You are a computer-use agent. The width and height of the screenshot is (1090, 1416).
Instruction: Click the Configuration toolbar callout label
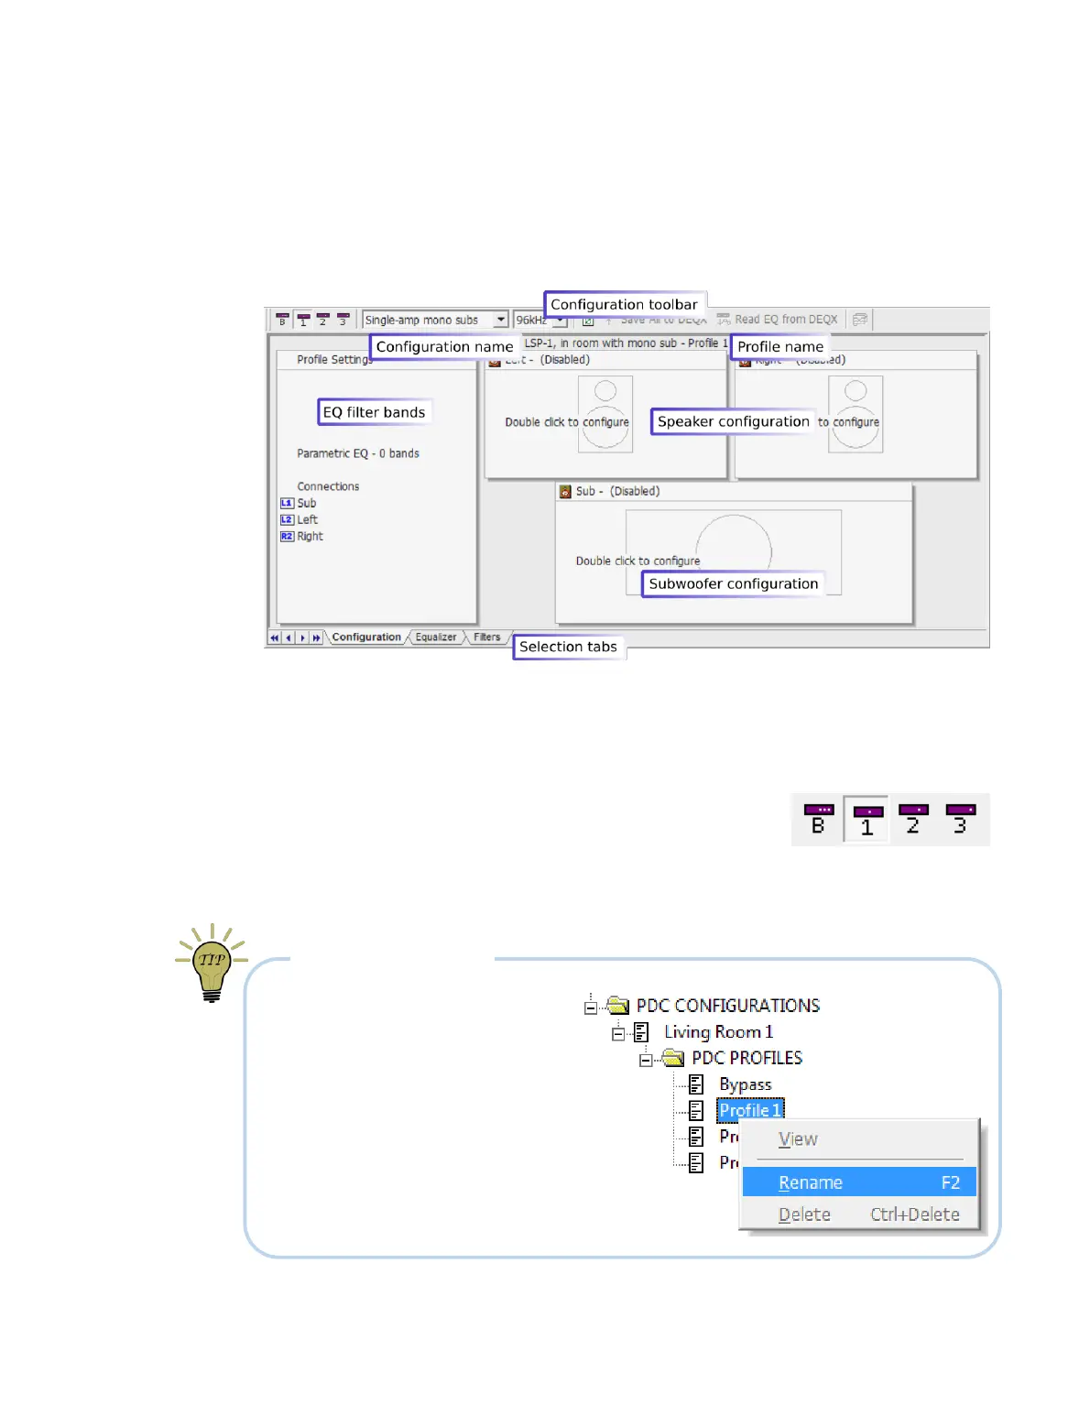[624, 304]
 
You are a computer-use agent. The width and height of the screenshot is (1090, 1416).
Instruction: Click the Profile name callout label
[779, 346]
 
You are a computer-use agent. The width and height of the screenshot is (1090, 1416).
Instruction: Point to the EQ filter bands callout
[374, 412]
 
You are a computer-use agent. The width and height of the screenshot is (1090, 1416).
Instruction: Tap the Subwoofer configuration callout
[733, 583]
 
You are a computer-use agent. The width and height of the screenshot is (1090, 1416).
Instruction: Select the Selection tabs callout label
[568, 647]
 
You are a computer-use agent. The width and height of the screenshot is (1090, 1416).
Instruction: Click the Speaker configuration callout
[733, 421]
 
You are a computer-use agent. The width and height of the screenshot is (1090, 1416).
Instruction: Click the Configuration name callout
[444, 346]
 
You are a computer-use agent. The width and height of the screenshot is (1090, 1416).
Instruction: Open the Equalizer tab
[435, 637]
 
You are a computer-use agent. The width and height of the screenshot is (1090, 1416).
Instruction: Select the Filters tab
[486, 637]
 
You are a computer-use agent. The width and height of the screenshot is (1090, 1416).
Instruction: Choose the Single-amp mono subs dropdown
[435, 320]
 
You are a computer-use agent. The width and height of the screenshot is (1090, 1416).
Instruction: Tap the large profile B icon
[818, 819]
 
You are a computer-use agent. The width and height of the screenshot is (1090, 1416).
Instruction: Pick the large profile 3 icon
[960, 819]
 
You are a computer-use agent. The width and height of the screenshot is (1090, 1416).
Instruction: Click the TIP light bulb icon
[212, 964]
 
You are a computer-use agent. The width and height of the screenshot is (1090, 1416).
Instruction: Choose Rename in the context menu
[858, 1182]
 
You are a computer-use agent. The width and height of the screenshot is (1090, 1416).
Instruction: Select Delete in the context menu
[858, 1214]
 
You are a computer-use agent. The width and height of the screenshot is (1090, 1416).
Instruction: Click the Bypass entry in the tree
[745, 1084]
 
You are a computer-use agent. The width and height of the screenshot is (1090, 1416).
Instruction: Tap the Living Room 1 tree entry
[718, 1032]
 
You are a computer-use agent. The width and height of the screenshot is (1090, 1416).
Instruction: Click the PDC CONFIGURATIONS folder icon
[618, 1006]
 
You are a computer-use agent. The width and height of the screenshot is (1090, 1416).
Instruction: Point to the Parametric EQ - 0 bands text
[358, 453]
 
